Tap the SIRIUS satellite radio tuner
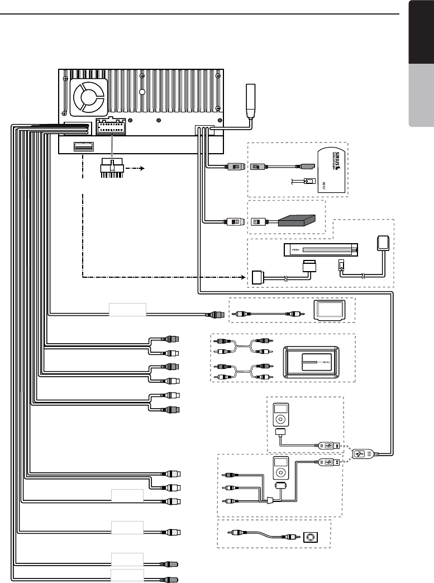(x=331, y=170)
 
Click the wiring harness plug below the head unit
(x=112, y=168)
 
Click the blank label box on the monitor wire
(x=127, y=309)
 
